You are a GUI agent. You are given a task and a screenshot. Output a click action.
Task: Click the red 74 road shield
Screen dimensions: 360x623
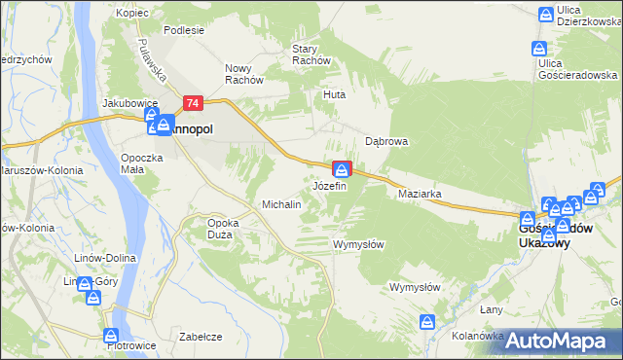[193, 102]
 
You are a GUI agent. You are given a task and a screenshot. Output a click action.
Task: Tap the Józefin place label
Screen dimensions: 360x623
[329, 185]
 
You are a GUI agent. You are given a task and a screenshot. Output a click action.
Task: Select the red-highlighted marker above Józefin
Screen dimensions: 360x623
[342, 169]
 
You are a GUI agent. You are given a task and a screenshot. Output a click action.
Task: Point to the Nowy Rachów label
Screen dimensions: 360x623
[245, 74]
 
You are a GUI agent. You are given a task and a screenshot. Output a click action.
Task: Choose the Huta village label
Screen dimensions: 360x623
[335, 95]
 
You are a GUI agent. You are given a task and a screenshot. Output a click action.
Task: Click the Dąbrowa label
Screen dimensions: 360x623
[385, 141]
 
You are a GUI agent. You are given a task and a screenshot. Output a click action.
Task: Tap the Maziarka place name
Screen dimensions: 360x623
[421, 194]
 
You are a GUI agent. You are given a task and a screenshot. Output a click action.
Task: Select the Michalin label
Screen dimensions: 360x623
[280, 205]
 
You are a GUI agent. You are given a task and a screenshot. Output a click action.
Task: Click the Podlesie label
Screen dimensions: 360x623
[184, 30]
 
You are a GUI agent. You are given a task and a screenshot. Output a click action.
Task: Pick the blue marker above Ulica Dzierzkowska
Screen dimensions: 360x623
[547, 14]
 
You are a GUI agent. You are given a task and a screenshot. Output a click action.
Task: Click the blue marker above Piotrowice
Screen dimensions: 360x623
[112, 336]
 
